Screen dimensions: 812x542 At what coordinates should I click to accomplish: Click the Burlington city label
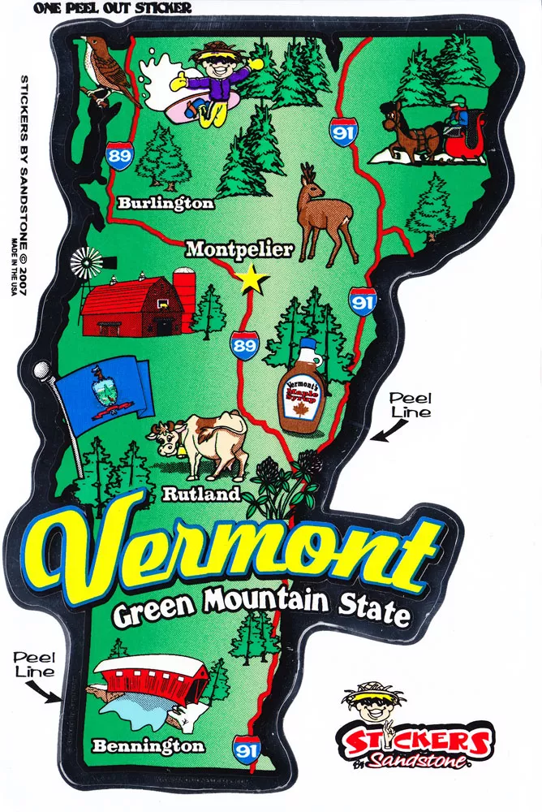[x=166, y=202]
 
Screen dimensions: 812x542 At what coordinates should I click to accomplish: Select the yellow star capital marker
[x=253, y=280]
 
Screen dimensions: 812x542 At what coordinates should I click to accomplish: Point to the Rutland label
[x=201, y=493]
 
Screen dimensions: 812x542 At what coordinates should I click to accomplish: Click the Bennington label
[x=148, y=745]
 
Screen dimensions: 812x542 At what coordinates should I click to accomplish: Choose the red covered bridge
[x=151, y=681]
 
